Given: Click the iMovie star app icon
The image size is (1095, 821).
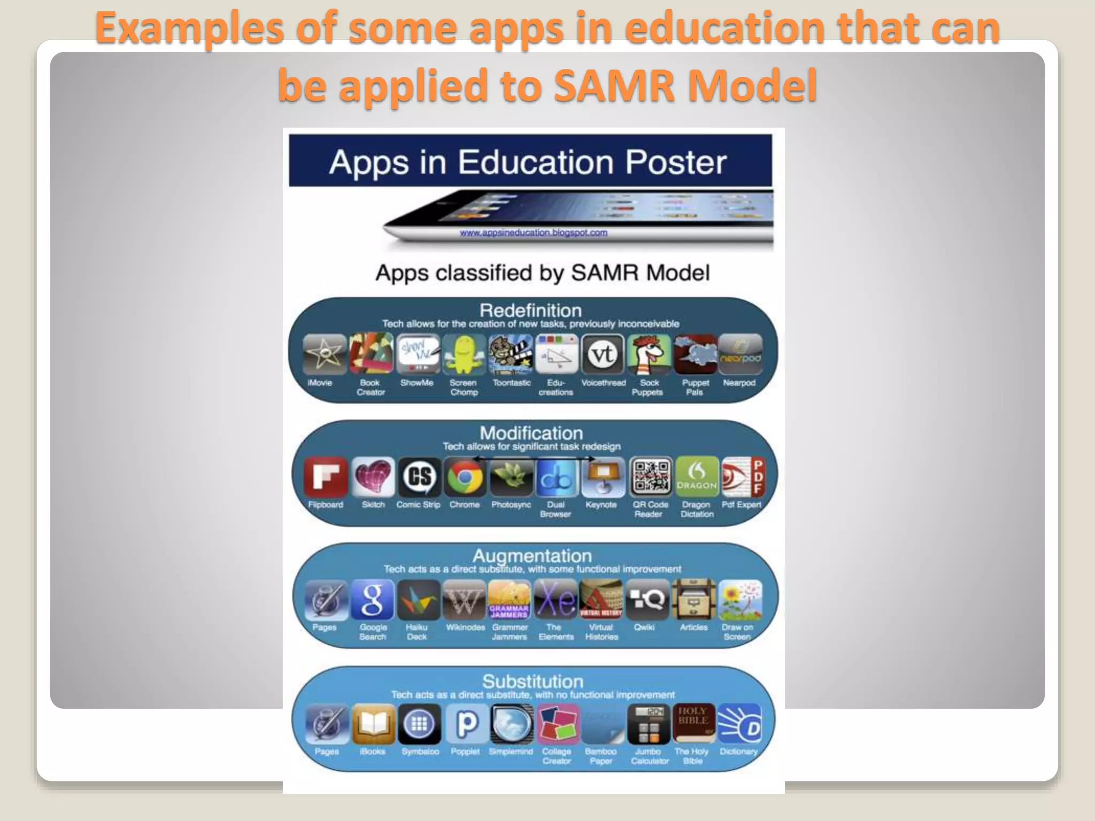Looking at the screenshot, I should click(325, 354).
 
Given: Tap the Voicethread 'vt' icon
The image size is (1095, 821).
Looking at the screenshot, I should click(603, 354).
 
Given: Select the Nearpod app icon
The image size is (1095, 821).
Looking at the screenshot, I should click(740, 354).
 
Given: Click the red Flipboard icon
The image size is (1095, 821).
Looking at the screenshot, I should click(326, 477).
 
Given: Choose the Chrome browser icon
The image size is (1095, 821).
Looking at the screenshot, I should click(465, 477).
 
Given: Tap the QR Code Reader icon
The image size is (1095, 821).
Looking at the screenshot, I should click(650, 477).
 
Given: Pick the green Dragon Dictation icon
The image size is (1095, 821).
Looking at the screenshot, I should click(696, 477).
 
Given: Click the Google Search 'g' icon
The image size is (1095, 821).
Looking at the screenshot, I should click(373, 600).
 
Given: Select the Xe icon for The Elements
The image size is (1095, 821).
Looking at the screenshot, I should click(556, 600).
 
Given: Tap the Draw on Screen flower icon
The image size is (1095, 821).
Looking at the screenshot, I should click(740, 600).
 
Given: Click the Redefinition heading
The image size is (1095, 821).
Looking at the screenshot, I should click(530, 311).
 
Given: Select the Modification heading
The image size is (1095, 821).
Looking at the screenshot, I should click(531, 433).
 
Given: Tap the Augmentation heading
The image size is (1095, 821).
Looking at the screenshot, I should click(532, 556).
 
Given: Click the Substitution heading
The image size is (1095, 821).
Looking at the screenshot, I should click(533, 681).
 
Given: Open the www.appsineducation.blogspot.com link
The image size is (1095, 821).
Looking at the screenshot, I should click(533, 233).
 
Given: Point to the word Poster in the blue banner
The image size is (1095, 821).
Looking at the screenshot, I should click(676, 162).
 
